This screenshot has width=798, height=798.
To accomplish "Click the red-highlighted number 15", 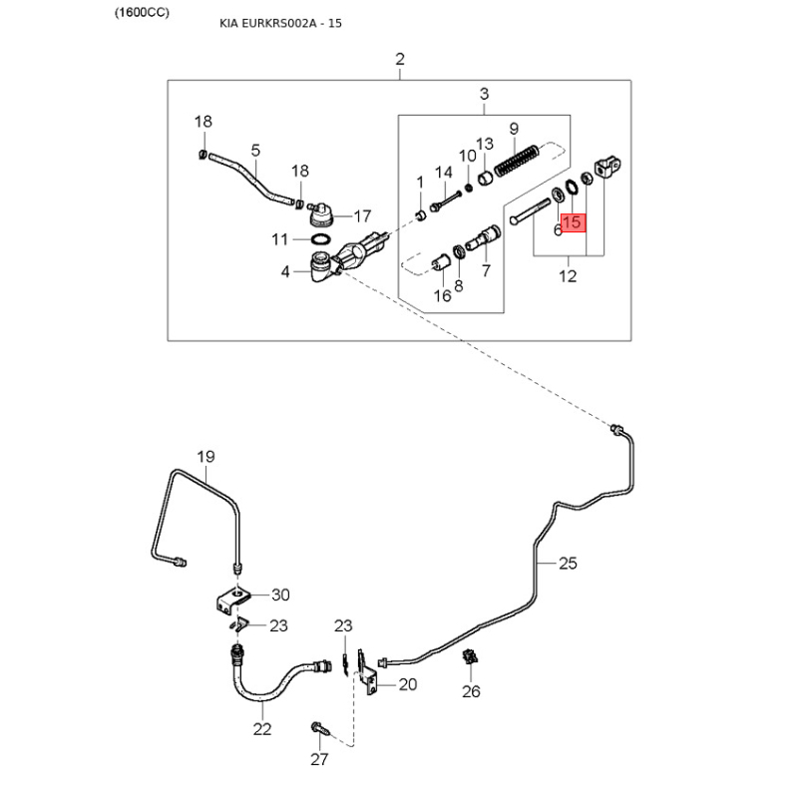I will (x=574, y=224).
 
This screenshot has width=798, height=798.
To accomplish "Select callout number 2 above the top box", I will (x=400, y=60).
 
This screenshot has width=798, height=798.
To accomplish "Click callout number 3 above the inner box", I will (x=484, y=95).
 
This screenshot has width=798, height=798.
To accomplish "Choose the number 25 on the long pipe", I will (x=568, y=564).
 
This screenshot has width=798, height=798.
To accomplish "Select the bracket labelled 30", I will (x=231, y=600).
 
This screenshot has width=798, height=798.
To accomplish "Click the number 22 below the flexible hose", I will (x=261, y=729).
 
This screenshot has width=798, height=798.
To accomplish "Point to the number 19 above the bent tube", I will (x=205, y=458).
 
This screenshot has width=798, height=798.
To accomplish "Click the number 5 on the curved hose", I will (x=255, y=151).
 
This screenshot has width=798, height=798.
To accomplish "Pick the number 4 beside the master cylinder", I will (x=285, y=270).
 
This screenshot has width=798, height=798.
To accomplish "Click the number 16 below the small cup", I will (x=442, y=295).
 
